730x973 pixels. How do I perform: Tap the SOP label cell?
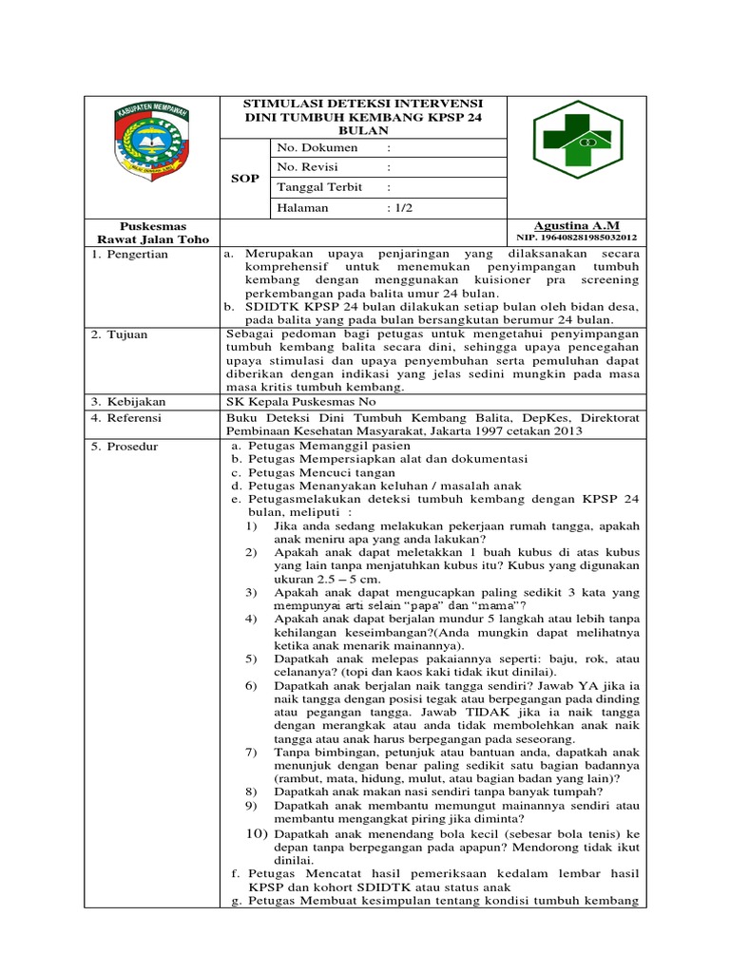(245, 179)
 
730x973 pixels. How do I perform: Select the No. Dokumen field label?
(317, 148)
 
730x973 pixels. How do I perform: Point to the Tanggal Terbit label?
(319, 187)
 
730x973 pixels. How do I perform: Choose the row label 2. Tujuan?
(120, 334)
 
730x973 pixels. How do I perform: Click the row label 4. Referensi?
(127, 418)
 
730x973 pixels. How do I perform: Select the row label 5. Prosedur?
(125, 446)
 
